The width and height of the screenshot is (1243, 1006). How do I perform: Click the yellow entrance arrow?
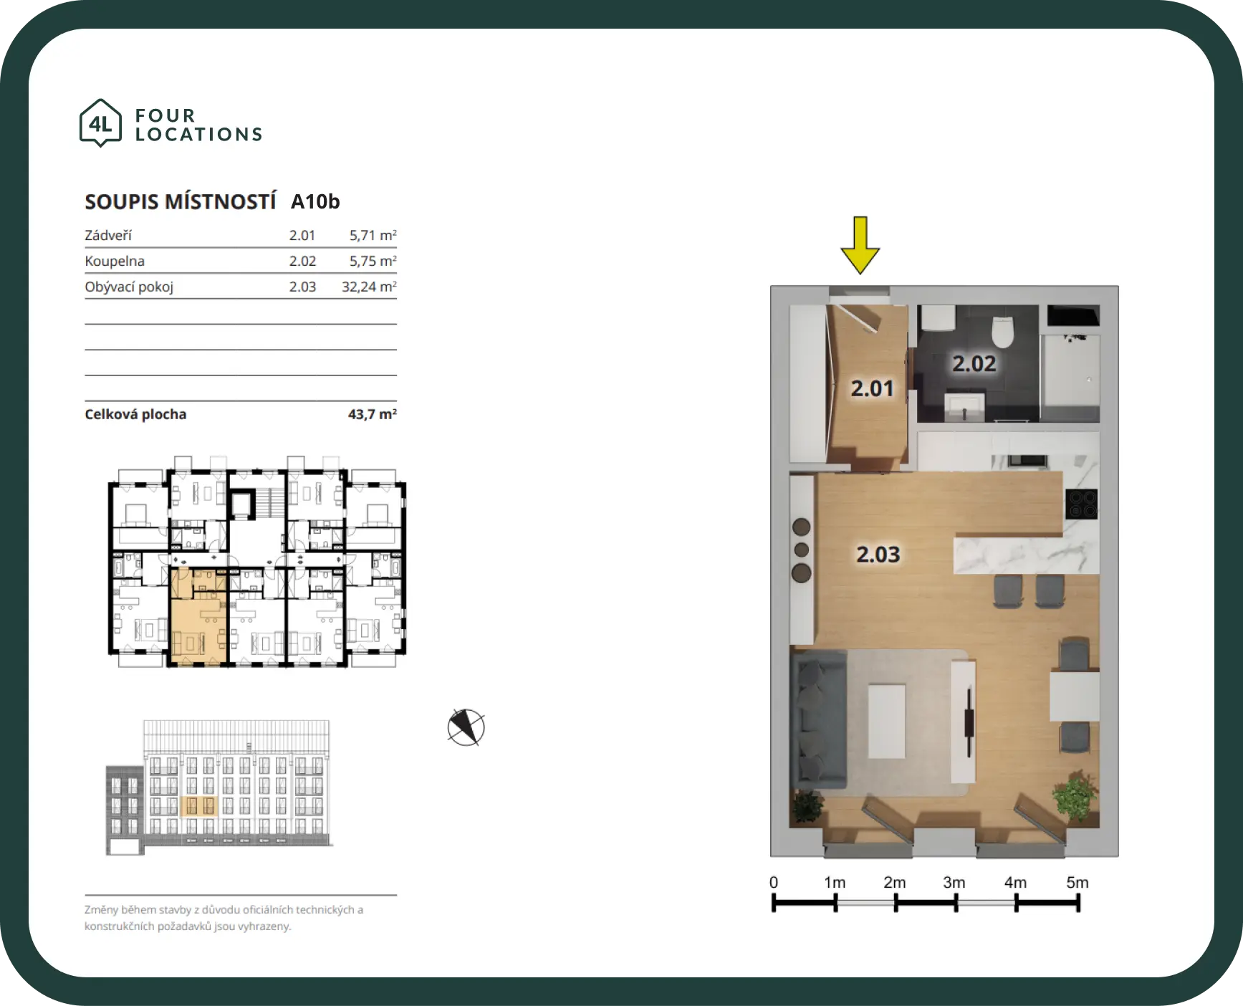coord(860,245)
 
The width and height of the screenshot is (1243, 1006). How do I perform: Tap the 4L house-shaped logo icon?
coord(100,123)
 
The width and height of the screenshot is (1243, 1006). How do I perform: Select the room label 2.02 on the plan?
coord(974,364)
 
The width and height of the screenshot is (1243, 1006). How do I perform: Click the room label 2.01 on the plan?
coord(872,388)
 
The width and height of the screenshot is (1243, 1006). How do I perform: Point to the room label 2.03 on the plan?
coord(878,555)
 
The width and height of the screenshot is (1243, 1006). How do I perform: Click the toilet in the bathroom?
coord(1002,331)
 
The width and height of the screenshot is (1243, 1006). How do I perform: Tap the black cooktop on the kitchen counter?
coord(1081,504)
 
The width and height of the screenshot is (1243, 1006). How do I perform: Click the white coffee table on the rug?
coord(887,722)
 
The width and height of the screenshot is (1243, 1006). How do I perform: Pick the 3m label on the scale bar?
coord(954,882)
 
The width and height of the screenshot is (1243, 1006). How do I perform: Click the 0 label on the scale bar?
coord(774,882)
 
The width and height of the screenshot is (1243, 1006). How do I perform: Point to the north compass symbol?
coord(466,727)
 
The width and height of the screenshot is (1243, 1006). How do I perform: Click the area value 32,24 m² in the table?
coord(369,287)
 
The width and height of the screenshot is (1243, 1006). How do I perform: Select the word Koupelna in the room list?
coord(115,261)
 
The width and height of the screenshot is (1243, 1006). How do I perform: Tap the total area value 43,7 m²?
coord(373,414)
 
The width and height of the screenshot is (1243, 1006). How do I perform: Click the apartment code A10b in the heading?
coord(315,202)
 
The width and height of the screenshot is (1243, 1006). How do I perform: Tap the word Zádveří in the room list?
coord(108,235)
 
